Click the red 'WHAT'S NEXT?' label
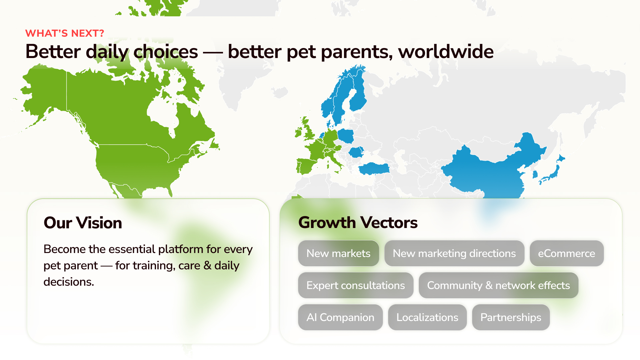(x=65, y=33)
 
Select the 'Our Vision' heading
(x=83, y=223)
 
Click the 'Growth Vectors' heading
(x=358, y=222)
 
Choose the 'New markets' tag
(x=338, y=253)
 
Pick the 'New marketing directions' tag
(x=454, y=253)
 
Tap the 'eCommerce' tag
(x=567, y=253)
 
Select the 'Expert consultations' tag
(x=356, y=285)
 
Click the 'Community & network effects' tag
(x=499, y=285)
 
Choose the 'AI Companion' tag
(x=340, y=317)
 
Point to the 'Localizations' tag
(x=427, y=317)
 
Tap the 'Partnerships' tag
(x=511, y=317)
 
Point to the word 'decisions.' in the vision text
(x=69, y=282)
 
